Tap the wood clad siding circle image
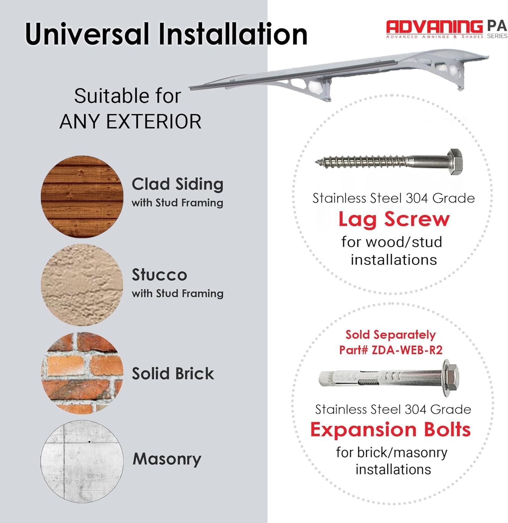coord(82,197)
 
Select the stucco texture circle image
coord(82,285)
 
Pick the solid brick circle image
coord(82,373)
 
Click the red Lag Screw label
coord(394,220)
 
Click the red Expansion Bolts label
coord(391,429)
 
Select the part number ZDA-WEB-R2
coord(407,350)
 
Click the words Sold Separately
coord(391,335)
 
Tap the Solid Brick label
coord(173,373)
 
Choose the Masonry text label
coord(167,459)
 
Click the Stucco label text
coord(159,275)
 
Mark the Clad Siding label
coord(177,184)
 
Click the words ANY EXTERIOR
coord(130,121)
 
